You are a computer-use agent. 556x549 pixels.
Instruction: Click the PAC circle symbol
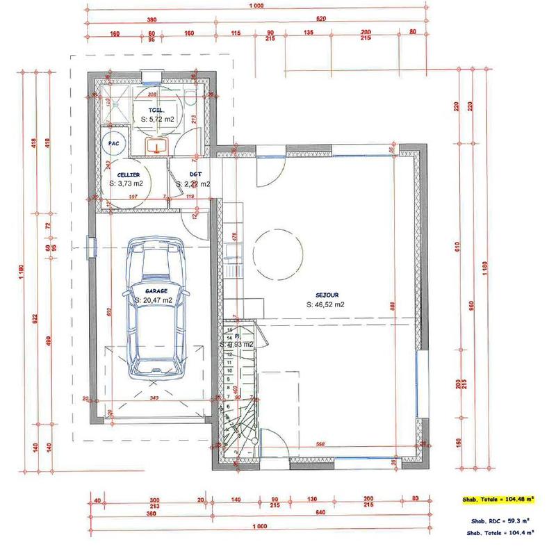113,143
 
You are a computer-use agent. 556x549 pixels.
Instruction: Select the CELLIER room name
127,174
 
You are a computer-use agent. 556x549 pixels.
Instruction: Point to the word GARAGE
156,291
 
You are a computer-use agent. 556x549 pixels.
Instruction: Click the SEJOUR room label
325,295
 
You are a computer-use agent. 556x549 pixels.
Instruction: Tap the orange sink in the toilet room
157,145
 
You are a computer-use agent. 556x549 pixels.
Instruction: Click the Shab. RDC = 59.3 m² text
498,520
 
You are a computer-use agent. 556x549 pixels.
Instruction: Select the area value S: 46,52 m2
325,304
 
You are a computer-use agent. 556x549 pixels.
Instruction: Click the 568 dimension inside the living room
321,445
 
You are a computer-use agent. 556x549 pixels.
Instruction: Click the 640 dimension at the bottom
319,514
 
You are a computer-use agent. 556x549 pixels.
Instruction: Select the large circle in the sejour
277,254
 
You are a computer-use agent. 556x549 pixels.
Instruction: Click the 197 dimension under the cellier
132,197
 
